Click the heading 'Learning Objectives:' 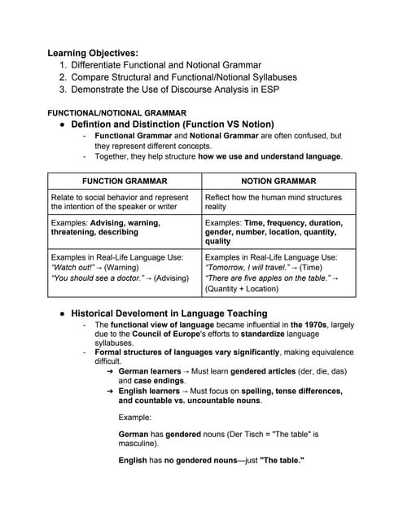click(x=93, y=53)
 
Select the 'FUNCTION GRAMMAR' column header click(x=125, y=181)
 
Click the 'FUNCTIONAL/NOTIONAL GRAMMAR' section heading click(x=117, y=112)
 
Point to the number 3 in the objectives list click(x=63, y=90)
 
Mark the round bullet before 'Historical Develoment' click(x=62, y=313)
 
